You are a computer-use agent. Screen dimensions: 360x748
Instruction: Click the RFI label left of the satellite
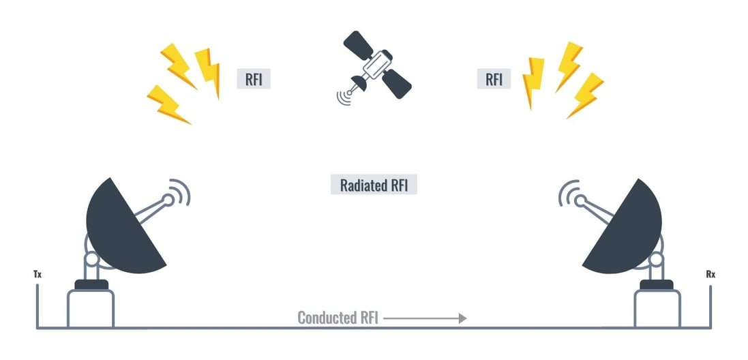[253, 78]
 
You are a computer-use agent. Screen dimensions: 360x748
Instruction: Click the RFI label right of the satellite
[494, 78]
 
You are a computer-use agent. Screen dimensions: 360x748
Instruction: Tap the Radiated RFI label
[374, 185]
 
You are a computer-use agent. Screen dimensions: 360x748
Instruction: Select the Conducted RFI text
[337, 318]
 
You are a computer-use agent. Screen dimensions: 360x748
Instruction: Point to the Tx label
[38, 275]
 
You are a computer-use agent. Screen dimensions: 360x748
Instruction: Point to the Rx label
[710, 275]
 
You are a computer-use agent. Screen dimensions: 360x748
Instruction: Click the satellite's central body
[375, 65]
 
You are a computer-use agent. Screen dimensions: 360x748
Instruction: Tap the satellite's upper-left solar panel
[357, 46]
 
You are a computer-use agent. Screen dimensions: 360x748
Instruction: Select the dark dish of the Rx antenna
[627, 225]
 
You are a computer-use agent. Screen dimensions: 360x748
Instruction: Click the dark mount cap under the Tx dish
[91, 284]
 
